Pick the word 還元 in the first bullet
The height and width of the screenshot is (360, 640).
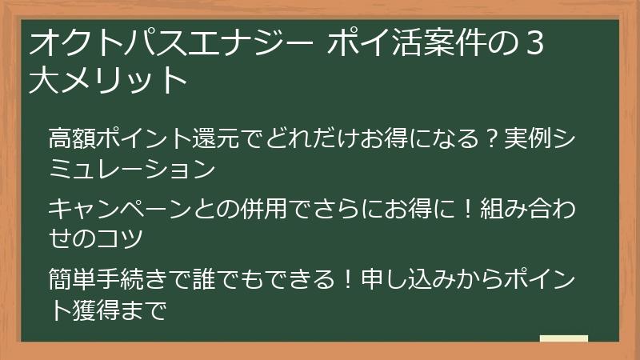click(x=212, y=138)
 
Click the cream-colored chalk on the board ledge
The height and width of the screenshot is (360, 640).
click(x=564, y=339)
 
